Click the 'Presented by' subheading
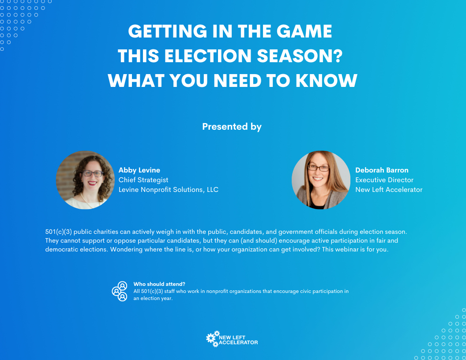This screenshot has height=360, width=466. coord(232,127)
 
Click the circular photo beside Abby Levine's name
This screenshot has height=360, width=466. coord(85,180)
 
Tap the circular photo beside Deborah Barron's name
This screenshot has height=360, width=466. coord(321,180)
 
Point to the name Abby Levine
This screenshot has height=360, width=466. coord(139,170)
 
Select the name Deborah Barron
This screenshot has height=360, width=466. coord(382,170)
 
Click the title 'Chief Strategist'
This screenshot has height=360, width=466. coord(143,180)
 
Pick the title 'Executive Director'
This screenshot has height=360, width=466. coord(384,180)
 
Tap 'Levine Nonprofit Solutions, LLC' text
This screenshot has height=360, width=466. coord(169,190)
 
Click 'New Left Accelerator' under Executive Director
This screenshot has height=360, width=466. coord(389,190)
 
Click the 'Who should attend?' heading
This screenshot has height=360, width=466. coord(159,284)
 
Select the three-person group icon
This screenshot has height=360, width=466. coord(120,291)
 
